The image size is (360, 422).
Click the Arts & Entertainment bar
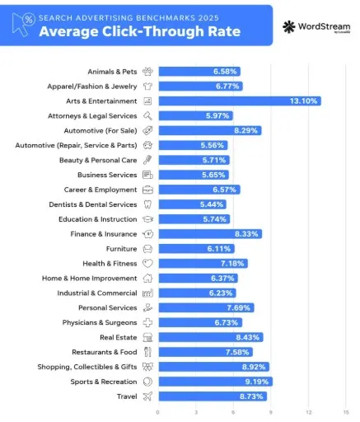coord(239,101)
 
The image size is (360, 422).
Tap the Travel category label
coord(127,396)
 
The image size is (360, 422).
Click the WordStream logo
coord(315,27)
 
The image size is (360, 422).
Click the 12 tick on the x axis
coord(308,411)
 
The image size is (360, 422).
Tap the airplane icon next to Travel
coord(147,396)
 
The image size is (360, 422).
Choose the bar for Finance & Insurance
coord(209,234)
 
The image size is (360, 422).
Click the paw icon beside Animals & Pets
coord(147,72)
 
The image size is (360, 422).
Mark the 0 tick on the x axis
coord(158,411)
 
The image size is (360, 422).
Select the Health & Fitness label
coord(110,263)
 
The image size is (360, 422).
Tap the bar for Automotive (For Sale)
coord(209,130)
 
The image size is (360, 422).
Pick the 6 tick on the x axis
coord(233,411)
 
